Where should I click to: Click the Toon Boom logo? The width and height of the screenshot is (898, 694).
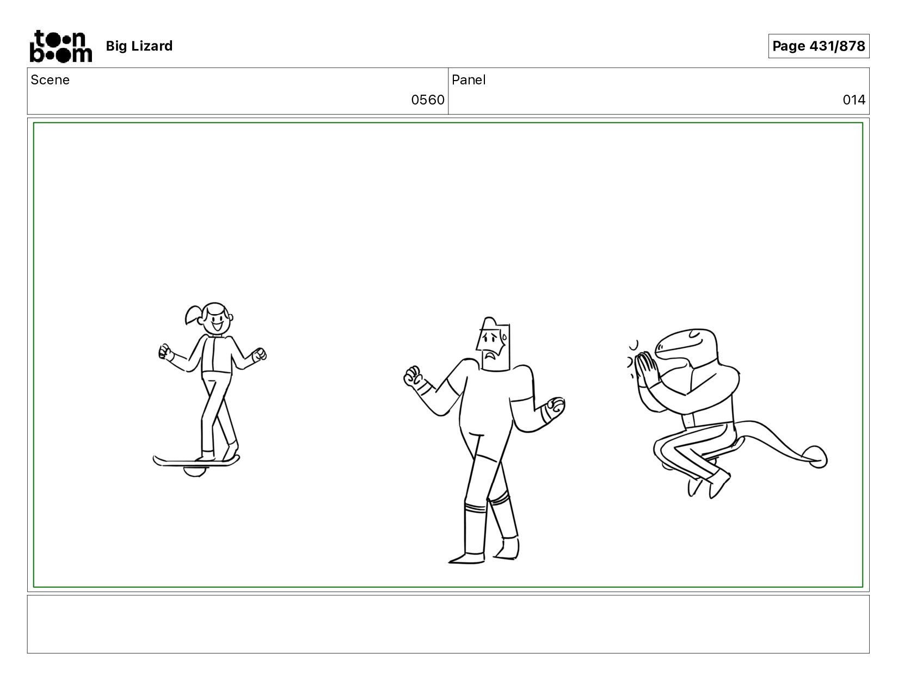(61, 46)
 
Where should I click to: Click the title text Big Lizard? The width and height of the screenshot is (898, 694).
(139, 46)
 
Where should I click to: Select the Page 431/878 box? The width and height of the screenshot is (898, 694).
(818, 46)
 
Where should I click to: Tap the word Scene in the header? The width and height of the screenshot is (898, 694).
(50, 80)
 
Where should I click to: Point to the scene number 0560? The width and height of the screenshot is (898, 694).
(427, 100)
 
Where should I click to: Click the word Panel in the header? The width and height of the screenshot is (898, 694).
(468, 80)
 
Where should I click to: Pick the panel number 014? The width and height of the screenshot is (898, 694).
(854, 100)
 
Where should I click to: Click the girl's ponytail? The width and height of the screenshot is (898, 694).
(193, 315)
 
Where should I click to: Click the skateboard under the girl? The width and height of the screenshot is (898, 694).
(196, 461)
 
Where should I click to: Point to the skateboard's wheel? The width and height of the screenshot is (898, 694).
(194, 471)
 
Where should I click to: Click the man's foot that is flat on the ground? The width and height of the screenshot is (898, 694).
(467, 558)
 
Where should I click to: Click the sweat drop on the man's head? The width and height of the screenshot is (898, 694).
(505, 337)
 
